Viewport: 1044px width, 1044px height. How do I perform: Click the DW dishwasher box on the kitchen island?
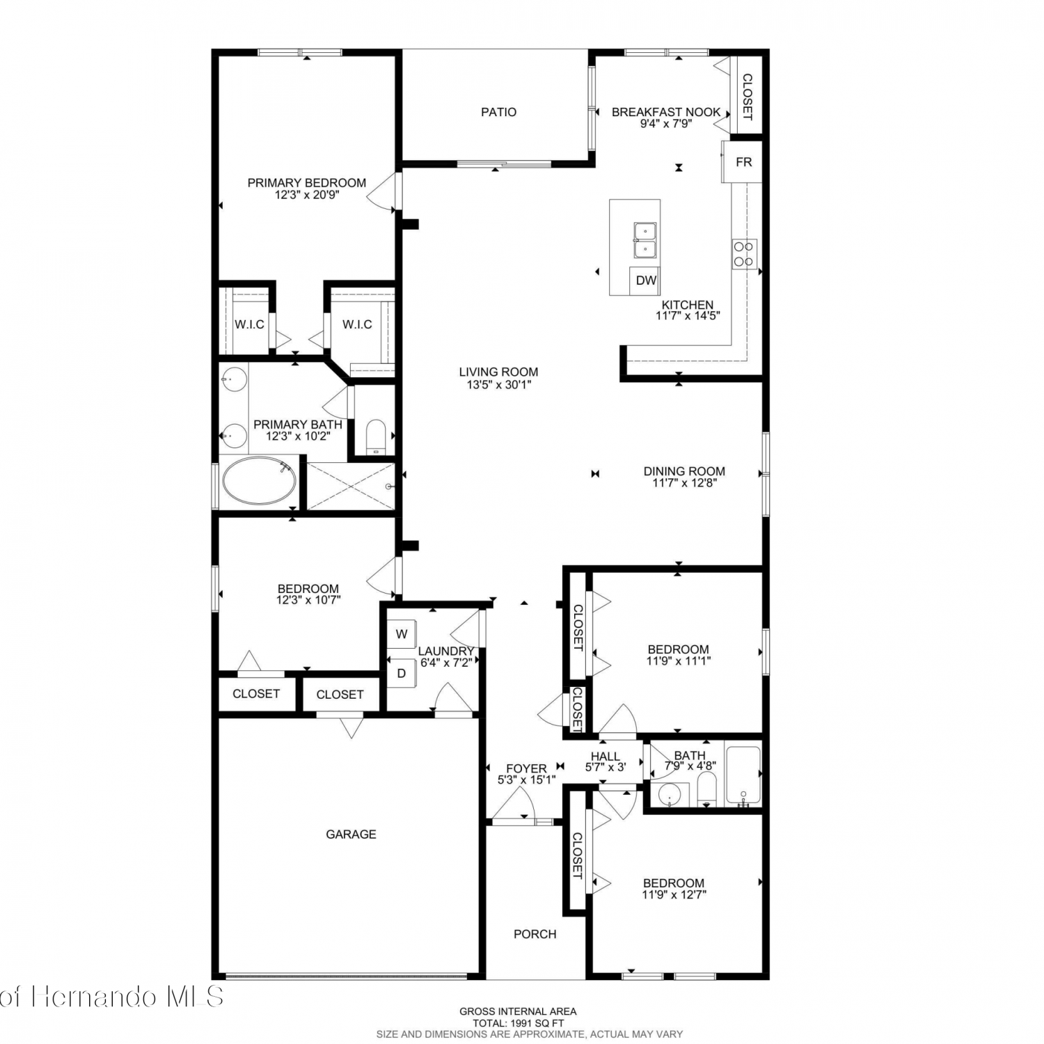pyautogui.click(x=647, y=280)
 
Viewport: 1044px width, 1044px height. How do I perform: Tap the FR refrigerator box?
pyautogui.click(x=743, y=162)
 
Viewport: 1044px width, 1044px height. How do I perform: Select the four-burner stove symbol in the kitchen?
pyautogui.click(x=744, y=254)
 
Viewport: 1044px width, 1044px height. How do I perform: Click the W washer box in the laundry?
pyautogui.click(x=402, y=634)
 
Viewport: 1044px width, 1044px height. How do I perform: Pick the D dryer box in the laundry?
pyautogui.click(x=402, y=673)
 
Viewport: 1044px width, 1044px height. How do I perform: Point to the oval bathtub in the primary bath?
pyautogui.click(x=259, y=481)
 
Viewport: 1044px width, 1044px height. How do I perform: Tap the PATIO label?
pyautogui.click(x=499, y=112)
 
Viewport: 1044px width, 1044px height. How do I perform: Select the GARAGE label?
pyautogui.click(x=351, y=834)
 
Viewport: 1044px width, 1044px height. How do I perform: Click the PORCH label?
pyautogui.click(x=535, y=934)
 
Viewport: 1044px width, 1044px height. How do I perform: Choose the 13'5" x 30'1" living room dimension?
pyautogui.click(x=498, y=384)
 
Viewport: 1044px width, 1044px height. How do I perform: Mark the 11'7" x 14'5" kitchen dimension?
pyautogui.click(x=688, y=315)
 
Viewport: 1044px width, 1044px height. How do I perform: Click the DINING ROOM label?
pyautogui.click(x=684, y=471)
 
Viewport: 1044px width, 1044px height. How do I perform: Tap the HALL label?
pyautogui.click(x=606, y=757)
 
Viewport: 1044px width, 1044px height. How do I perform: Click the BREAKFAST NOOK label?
pyautogui.click(x=666, y=112)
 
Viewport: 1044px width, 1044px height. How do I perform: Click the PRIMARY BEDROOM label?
pyautogui.click(x=307, y=183)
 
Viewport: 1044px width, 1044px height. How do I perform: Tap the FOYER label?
pyautogui.click(x=526, y=769)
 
